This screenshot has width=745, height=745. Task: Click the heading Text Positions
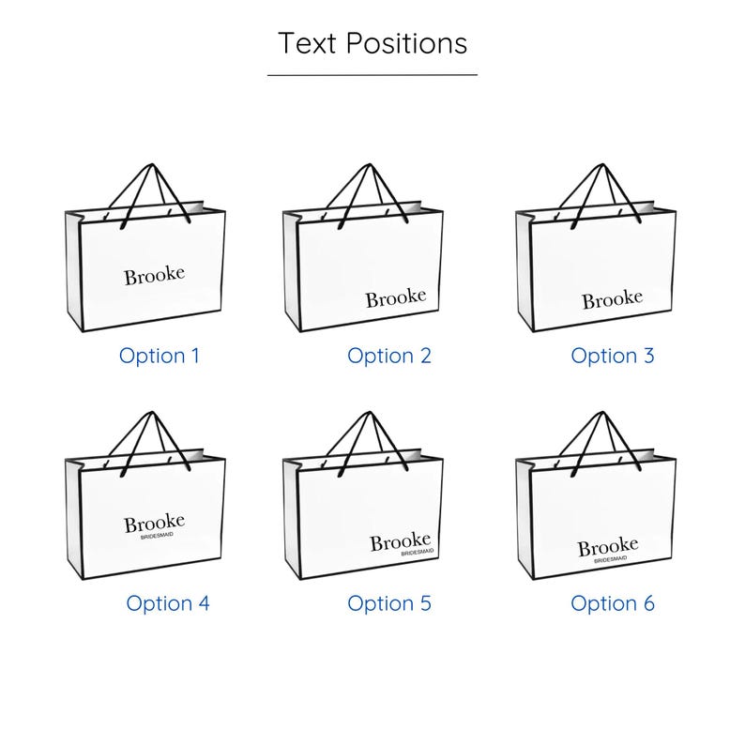pos(372,43)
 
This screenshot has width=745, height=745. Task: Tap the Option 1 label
pos(160,357)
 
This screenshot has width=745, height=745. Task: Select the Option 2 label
pos(389,357)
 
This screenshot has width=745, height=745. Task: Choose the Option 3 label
pos(613,357)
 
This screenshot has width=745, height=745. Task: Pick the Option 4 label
pos(168,604)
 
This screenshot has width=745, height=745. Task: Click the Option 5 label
pos(389,604)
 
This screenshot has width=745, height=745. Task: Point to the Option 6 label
pos(613,604)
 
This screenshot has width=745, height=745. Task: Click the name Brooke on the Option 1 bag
pos(155,276)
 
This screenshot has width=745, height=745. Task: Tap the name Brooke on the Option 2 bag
pos(396,297)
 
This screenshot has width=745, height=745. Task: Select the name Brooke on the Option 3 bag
pos(613,300)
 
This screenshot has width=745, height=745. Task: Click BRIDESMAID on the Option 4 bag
pos(157,536)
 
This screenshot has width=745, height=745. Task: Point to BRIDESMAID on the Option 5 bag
pos(418,553)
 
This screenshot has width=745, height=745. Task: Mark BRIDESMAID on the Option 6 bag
pos(611,560)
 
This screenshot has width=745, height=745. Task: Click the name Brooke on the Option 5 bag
pos(401,542)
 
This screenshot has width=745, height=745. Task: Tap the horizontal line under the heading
pos(372,75)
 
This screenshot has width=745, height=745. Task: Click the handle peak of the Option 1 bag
pos(152,165)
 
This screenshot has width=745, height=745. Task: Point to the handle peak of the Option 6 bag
pos(603,413)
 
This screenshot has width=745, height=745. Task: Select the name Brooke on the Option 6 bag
pos(608,547)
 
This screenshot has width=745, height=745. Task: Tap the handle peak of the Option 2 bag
pos(370,165)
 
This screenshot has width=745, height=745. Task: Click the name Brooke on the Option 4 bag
pos(155,523)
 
